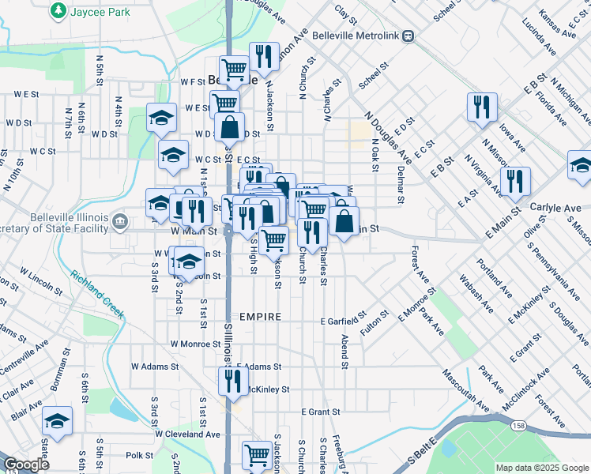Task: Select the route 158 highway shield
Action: point(517,426)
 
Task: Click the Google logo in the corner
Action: point(26,464)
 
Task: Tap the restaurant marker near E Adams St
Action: point(233,382)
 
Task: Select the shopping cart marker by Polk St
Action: point(258,456)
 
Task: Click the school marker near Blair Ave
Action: point(57,421)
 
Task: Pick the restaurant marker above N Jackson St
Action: point(264,56)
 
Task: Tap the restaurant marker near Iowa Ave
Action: point(482,107)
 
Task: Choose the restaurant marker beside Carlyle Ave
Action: point(514,181)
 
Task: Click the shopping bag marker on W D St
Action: point(229,127)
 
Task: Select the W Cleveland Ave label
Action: point(187,434)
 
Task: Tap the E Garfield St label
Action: point(344,321)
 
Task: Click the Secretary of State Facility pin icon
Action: point(120,220)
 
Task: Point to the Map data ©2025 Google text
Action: point(541,468)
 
